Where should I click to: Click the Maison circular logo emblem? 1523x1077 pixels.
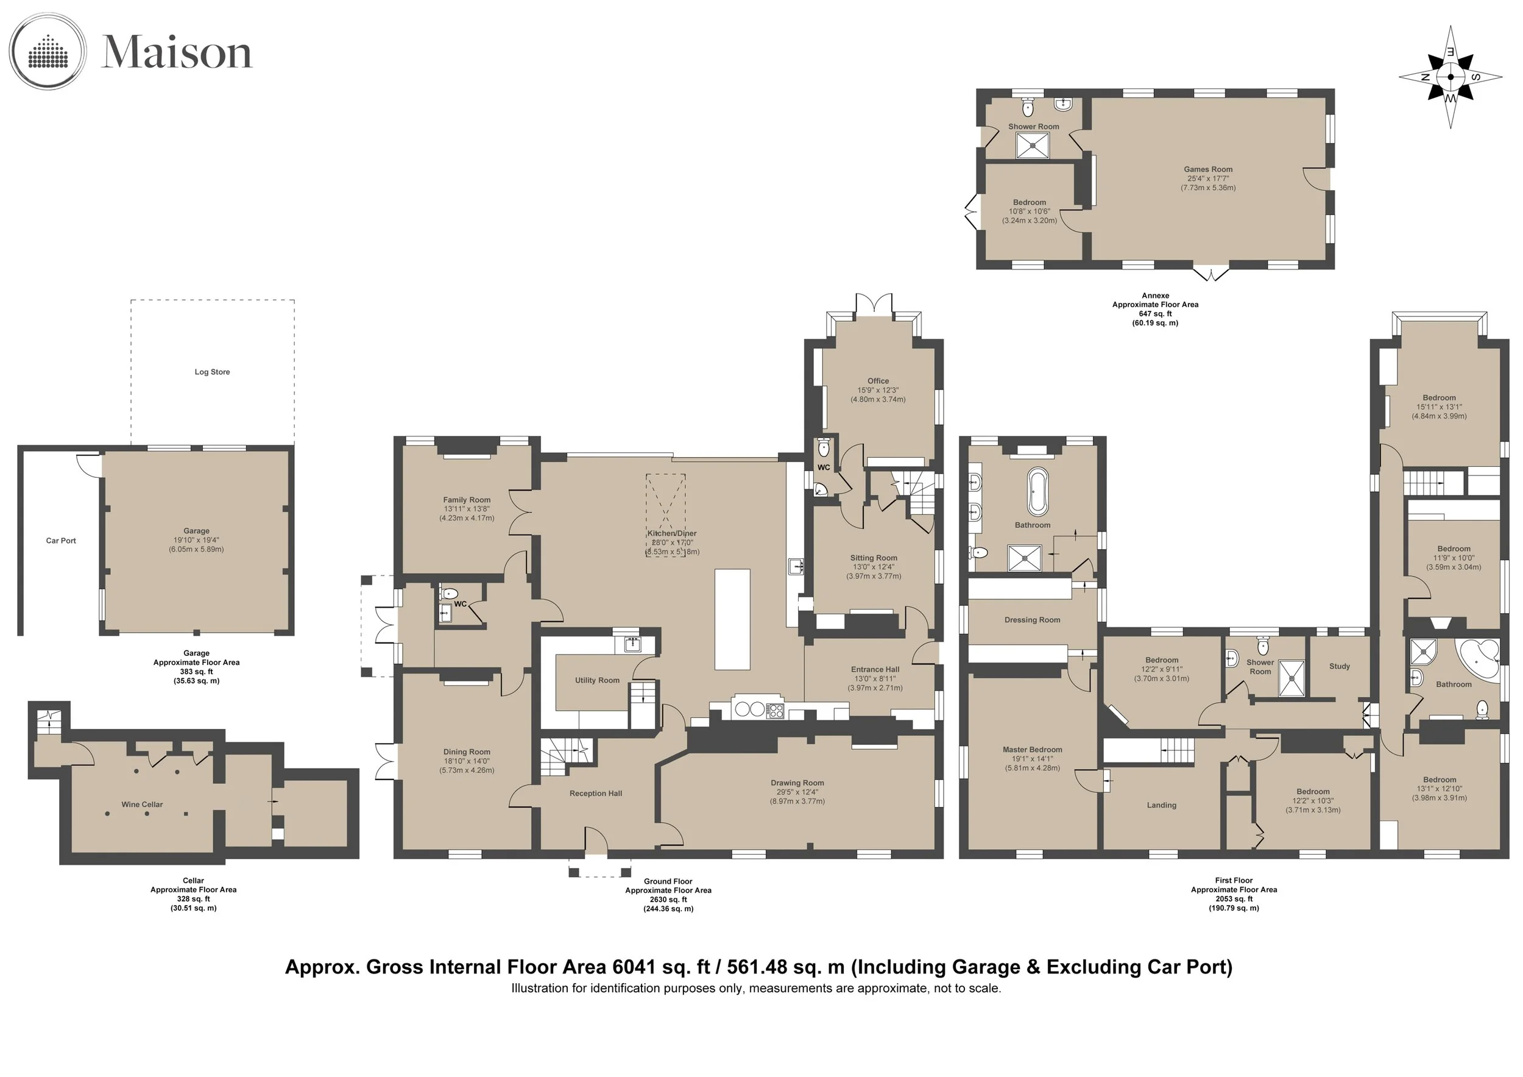(x=48, y=52)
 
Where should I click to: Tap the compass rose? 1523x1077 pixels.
(x=1451, y=77)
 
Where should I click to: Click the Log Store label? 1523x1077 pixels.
(x=212, y=372)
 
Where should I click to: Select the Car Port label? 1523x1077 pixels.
(x=61, y=541)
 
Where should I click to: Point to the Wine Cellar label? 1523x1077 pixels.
(x=142, y=805)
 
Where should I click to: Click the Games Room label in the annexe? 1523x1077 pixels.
(x=1208, y=169)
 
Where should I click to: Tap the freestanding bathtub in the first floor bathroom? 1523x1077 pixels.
(x=1037, y=492)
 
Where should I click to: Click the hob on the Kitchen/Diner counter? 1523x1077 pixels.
(x=775, y=710)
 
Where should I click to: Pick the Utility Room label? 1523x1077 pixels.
(x=597, y=680)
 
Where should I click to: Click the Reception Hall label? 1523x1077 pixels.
(x=596, y=793)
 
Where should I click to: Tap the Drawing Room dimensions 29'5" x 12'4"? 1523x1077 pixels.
(x=797, y=792)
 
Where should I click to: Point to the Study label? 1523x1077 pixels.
(x=1339, y=666)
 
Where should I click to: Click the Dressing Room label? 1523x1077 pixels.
(x=1032, y=620)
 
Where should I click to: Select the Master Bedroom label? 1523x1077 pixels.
(x=1032, y=749)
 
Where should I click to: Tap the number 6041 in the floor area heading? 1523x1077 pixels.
(x=637, y=966)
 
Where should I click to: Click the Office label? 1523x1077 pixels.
(x=878, y=381)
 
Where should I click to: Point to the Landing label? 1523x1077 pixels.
(x=1162, y=805)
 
